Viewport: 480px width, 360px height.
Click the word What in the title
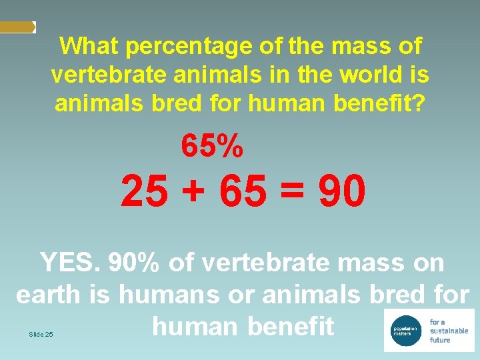pos(89,47)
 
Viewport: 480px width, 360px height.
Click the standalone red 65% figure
pos(212,146)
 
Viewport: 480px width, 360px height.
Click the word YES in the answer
pos(68,263)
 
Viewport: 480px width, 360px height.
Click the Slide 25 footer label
pos(41,334)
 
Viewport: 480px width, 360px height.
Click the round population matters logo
pos(404,330)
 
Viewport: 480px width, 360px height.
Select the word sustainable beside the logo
pos(449,331)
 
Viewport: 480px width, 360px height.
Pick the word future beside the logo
pos(440,340)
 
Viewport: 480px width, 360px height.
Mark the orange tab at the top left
pos(17,27)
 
